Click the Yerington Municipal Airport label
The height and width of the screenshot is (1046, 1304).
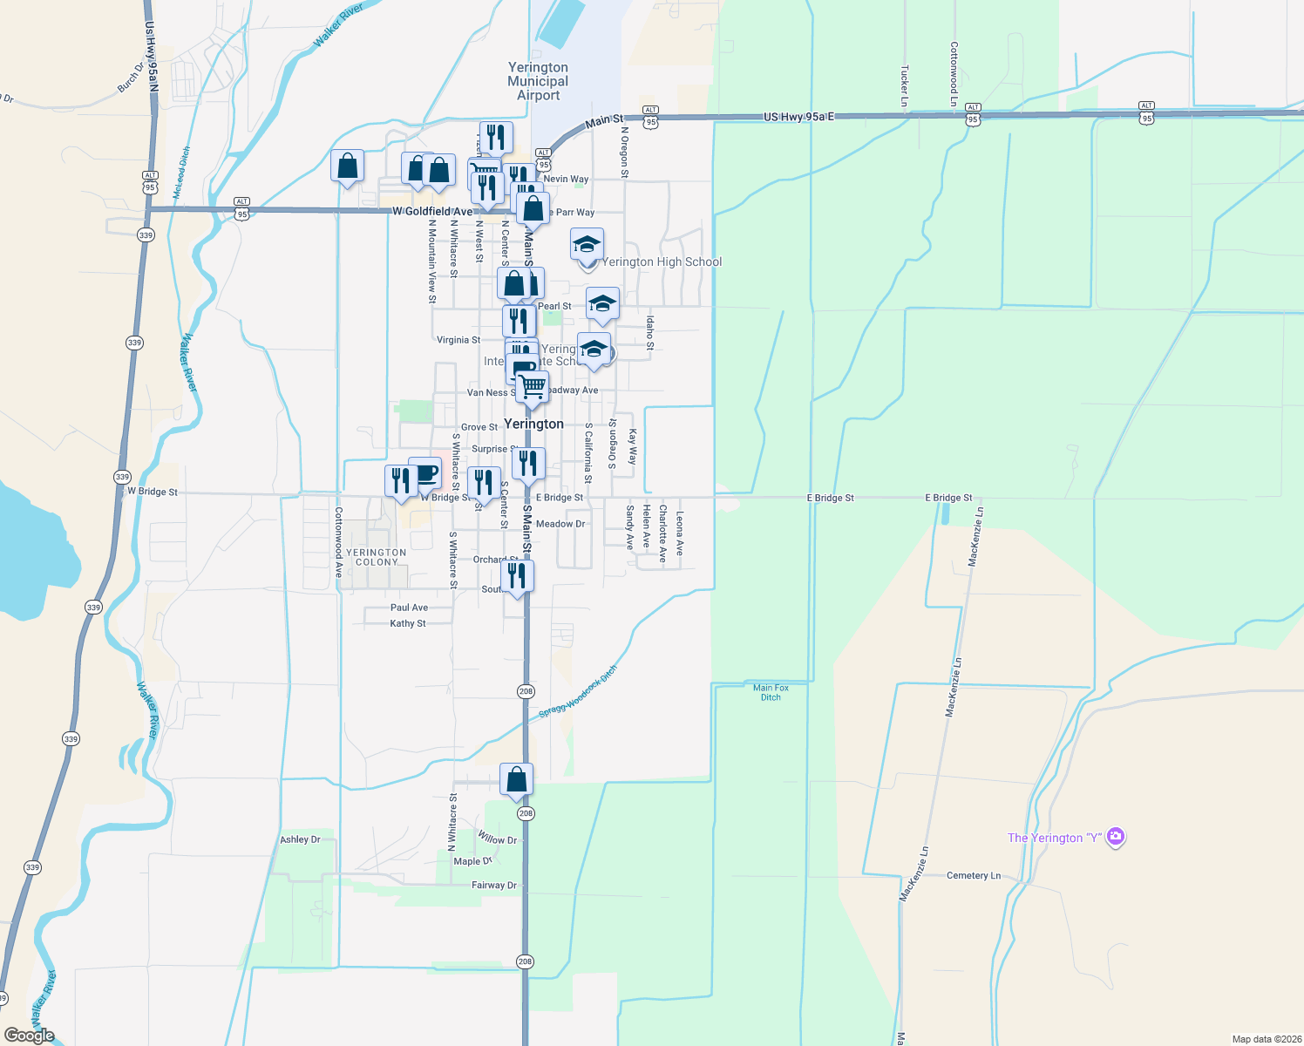pyautogui.click(x=538, y=81)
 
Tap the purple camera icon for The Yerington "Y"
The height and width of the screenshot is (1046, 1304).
pyautogui.click(x=1115, y=838)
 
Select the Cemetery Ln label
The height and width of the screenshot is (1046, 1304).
pyautogui.click(x=973, y=875)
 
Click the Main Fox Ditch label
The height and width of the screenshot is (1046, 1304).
pyautogui.click(x=771, y=692)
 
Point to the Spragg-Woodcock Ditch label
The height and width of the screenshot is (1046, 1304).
pyautogui.click(x=577, y=692)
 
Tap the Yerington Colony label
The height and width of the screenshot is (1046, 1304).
pyautogui.click(x=377, y=557)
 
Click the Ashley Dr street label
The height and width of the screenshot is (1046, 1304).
pyautogui.click(x=300, y=839)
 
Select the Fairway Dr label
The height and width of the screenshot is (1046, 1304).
pyautogui.click(x=493, y=885)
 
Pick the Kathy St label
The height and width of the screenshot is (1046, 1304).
pyautogui.click(x=408, y=623)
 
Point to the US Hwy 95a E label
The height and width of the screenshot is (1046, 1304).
pyautogui.click(x=798, y=116)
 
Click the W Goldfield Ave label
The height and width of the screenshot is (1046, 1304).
pyautogui.click(x=432, y=212)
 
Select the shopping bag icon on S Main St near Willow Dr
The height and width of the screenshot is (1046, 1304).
pyautogui.click(x=516, y=778)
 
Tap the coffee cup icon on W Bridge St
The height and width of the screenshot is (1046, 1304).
pyautogui.click(x=424, y=473)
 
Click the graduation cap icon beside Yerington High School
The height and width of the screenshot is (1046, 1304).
pyautogui.click(x=587, y=243)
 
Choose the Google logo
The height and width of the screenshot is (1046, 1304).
pyautogui.click(x=30, y=1036)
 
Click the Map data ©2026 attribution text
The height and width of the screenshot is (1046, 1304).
pyautogui.click(x=1264, y=1039)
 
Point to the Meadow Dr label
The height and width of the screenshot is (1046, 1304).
pyautogui.click(x=560, y=524)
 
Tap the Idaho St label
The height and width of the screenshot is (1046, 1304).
pyautogui.click(x=650, y=333)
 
